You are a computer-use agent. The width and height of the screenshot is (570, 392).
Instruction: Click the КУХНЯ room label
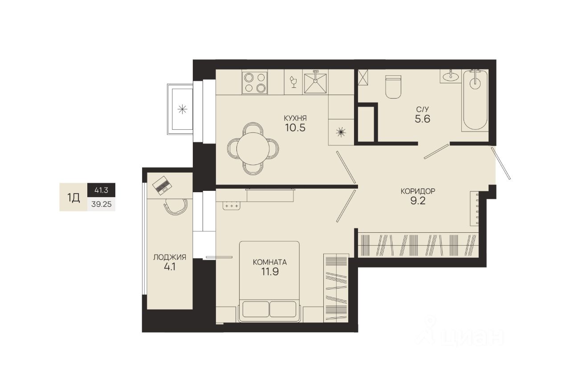coord(295,118)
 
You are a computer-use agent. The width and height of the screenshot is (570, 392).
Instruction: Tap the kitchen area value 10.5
coord(295,128)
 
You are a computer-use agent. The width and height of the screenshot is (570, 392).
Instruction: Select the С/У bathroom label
coord(423,109)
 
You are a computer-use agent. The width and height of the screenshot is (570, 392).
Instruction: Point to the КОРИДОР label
coord(418,191)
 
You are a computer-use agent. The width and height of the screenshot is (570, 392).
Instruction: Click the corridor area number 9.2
coord(418,201)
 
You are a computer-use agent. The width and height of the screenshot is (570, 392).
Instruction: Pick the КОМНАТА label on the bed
coord(270,262)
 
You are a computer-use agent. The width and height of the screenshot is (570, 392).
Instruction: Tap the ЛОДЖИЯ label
coord(170,257)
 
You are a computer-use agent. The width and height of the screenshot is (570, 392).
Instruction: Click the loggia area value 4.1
coord(170,267)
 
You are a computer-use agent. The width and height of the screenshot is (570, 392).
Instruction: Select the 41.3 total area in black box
coord(101,190)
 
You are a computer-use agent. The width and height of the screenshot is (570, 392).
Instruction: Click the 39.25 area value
coord(101,204)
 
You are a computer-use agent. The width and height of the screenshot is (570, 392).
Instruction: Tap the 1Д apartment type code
coord(73,198)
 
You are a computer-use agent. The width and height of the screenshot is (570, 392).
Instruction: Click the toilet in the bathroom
coord(393,87)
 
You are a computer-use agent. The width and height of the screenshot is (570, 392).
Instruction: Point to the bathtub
coord(475,100)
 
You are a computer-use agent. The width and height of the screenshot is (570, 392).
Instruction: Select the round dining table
coord(253,149)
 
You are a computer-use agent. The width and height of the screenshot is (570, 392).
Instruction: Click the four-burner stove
coord(255,82)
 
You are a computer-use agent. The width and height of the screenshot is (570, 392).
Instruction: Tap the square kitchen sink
coord(316,83)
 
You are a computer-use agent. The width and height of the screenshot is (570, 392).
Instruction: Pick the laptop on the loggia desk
coord(162,186)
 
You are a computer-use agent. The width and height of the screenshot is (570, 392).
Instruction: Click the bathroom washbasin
coord(451,76)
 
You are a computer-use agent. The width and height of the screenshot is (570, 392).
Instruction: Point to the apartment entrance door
coord(501,163)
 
